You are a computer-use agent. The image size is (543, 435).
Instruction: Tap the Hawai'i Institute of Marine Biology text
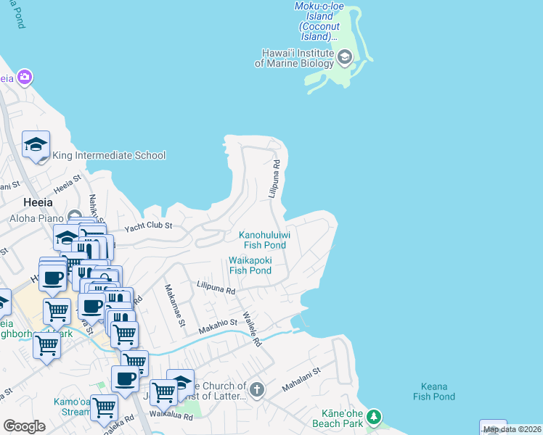coord(294,58)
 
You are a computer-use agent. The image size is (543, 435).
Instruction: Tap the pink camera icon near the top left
coord(25,77)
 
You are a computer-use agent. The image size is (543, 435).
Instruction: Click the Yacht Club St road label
coord(147,226)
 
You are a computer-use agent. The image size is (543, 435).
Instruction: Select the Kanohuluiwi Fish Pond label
coord(265,240)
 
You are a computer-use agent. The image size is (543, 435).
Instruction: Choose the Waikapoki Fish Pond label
coord(250,265)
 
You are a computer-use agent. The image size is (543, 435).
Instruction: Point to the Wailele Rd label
coord(251,329)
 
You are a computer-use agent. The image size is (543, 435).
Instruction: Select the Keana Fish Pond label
coord(434,391)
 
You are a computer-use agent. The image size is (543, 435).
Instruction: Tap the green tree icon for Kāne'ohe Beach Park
coord(373,416)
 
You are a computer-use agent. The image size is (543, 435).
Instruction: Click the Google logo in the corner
coord(24,426)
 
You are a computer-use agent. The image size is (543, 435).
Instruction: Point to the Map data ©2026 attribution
coord(513,430)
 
